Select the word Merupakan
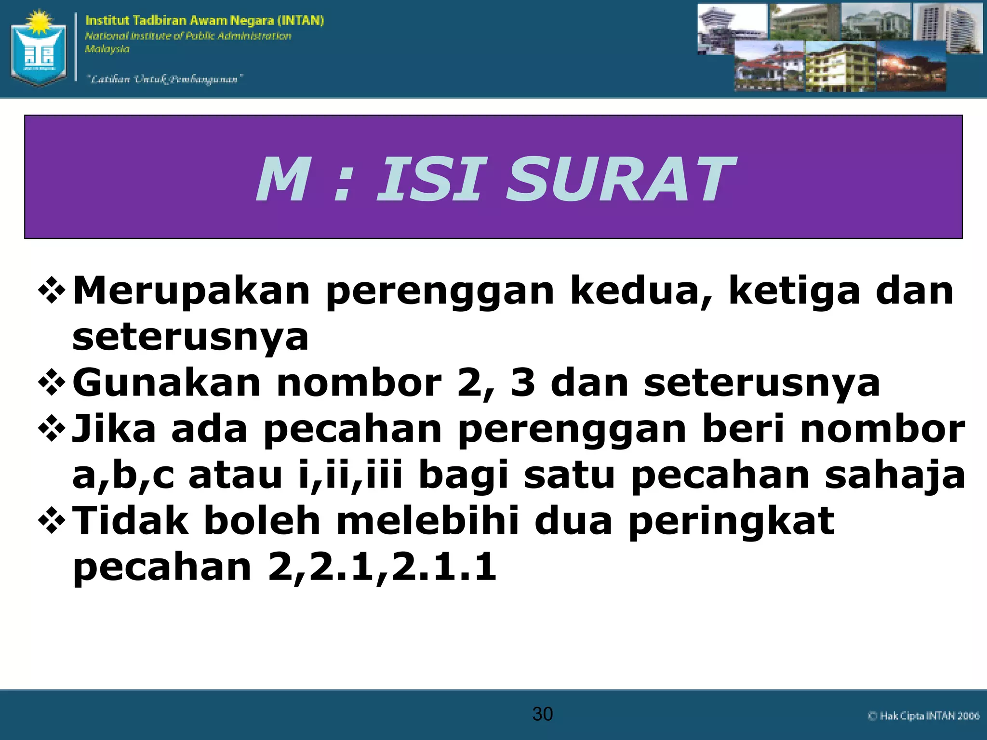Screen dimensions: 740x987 (191, 291)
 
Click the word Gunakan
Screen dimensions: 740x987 (166, 383)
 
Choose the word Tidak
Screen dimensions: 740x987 (130, 521)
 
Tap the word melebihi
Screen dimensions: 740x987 (428, 521)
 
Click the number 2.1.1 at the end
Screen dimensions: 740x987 (443, 567)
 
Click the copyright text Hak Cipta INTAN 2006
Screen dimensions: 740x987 (923, 716)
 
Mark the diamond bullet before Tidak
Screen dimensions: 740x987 (52, 522)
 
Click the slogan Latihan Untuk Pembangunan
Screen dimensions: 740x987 (164, 79)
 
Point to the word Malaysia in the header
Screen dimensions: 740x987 (107, 49)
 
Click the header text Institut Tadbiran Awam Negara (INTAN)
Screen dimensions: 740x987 (204, 21)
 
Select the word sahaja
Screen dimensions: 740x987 (894, 476)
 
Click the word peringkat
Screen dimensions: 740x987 (732, 521)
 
